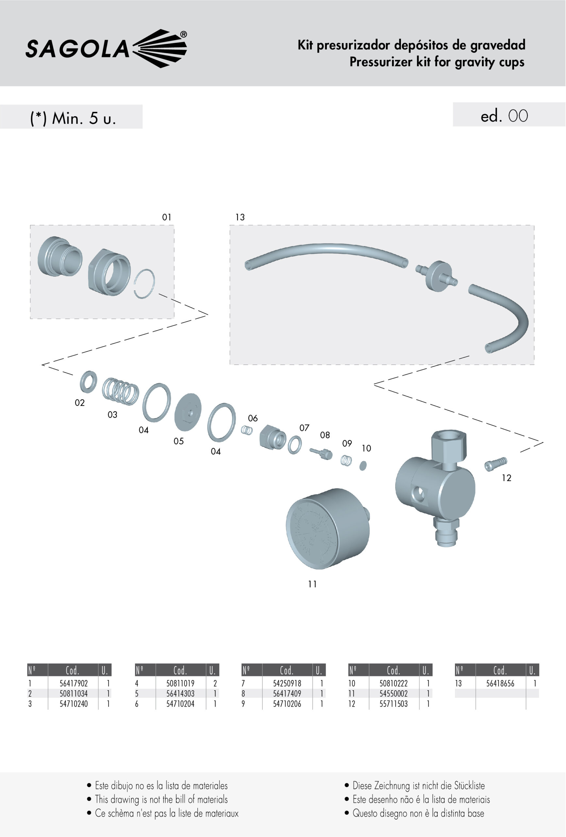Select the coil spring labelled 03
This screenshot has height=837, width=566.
click(x=120, y=391)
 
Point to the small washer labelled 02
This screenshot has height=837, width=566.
click(x=88, y=382)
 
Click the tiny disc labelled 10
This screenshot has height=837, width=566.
click(x=363, y=465)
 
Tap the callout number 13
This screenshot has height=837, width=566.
click(x=240, y=217)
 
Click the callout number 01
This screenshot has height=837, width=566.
click(x=166, y=217)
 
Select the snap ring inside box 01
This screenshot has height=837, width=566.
click(x=145, y=284)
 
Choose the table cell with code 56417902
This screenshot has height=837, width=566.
click(x=74, y=683)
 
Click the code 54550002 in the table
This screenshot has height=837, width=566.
click(x=393, y=693)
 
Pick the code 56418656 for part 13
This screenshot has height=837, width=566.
click(x=500, y=683)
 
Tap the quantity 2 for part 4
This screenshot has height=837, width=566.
click(x=215, y=683)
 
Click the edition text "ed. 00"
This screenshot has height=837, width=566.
click(x=504, y=116)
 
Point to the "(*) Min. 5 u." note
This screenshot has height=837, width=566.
click(x=73, y=118)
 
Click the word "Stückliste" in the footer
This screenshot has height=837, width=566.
click(x=469, y=785)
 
